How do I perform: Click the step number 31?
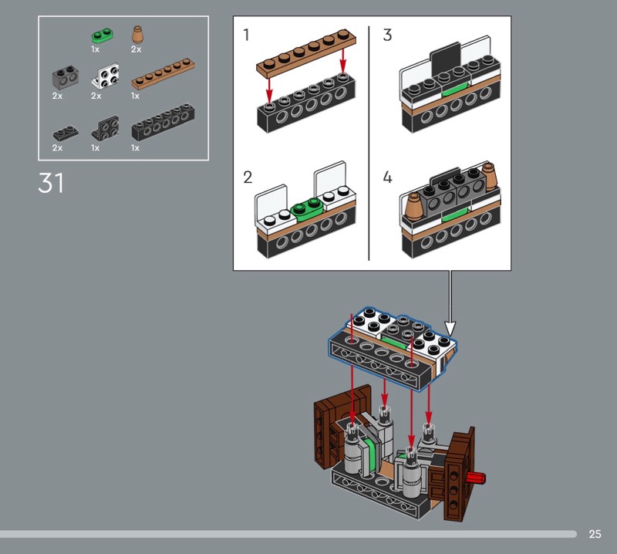point(51,184)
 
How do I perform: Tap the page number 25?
point(595,534)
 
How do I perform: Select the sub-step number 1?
point(247,35)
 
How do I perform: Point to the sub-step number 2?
point(248,177)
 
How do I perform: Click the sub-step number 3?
point(387,35)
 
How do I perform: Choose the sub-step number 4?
point(387,177)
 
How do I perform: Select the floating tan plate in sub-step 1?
point(305,55)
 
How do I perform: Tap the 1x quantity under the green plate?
point(95,49)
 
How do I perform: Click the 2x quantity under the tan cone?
point(136,49)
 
